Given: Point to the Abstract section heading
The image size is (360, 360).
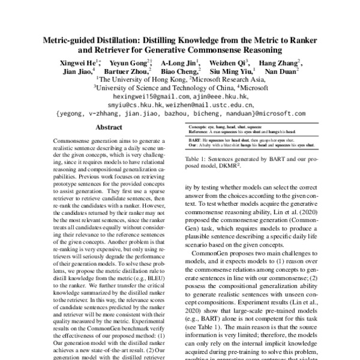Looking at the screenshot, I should pyautogui.click(x=110, y=127).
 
